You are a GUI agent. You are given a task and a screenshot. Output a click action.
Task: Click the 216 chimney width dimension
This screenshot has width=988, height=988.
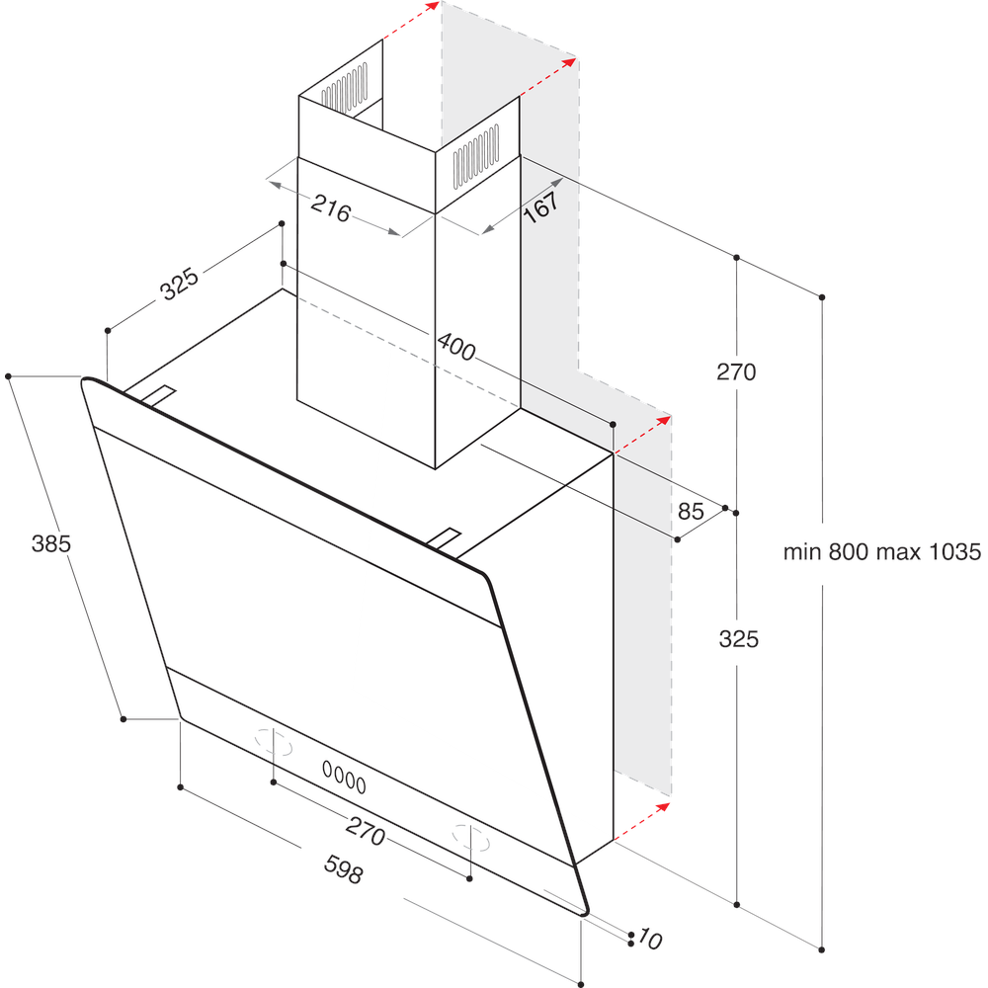(x=331, y=208)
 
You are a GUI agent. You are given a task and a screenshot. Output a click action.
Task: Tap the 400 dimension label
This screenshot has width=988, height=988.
(x=455, y=348)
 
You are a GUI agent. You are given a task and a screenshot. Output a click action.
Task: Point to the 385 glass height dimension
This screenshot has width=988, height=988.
(x=51, y=542)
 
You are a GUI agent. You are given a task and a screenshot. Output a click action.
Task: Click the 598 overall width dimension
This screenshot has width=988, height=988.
(x=344, y=870)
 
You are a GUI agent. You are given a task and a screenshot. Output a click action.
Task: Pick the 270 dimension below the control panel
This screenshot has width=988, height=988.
(x=365, y=833)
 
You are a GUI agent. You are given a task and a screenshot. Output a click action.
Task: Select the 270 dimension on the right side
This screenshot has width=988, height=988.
(x=736, y=372)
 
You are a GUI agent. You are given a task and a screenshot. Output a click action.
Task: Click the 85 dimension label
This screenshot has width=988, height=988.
(x=692, y=511)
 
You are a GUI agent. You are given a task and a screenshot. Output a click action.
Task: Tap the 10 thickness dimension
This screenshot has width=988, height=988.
(x=649, y=939)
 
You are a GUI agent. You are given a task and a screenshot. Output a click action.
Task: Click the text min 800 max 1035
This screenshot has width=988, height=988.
(x=881, y=552)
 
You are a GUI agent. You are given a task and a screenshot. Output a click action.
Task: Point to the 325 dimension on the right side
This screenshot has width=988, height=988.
(x=738, y=639)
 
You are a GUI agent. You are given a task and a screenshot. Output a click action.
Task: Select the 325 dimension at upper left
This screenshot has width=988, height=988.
(x=181, y=284)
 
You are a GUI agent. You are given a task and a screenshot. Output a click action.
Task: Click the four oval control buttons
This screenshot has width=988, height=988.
(x=343, y=778)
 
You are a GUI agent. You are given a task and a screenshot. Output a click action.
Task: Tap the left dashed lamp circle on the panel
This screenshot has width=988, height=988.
(x=275, y=742)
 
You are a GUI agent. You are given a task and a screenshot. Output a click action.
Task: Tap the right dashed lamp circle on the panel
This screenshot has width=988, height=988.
(x=471, y=836)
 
